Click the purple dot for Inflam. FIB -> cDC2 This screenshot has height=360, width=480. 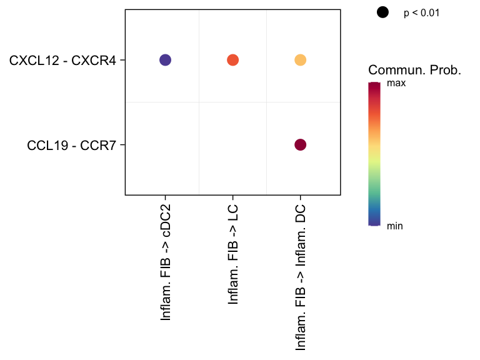165,60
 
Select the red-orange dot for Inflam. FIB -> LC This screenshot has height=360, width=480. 232,60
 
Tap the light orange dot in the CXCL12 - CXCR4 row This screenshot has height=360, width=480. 300,60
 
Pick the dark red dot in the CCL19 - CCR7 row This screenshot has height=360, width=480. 300,145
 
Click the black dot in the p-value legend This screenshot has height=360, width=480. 382,12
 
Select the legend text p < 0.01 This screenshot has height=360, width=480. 422,12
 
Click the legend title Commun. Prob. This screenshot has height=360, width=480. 414,70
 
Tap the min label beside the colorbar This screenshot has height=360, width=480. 395,226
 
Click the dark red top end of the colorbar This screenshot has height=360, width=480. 374,85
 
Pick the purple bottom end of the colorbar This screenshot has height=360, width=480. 374,222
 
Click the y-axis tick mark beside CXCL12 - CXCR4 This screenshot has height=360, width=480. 123,60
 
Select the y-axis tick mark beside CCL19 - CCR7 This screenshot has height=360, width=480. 123,145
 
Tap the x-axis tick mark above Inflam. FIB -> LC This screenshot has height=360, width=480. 232,197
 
